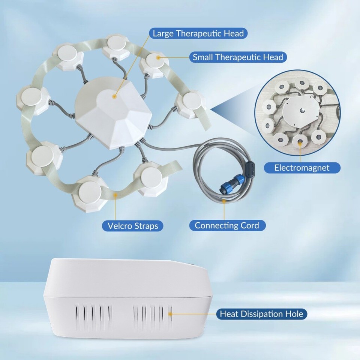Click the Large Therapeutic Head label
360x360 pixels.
(198, 33)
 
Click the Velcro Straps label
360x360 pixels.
(133, 226)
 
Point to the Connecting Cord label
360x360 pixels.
(227, 225)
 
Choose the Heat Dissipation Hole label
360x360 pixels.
(261, 313)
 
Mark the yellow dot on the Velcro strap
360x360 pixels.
(115, 195)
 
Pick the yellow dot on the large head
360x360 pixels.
(114, 96)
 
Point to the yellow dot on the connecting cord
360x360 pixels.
(224, 201)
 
